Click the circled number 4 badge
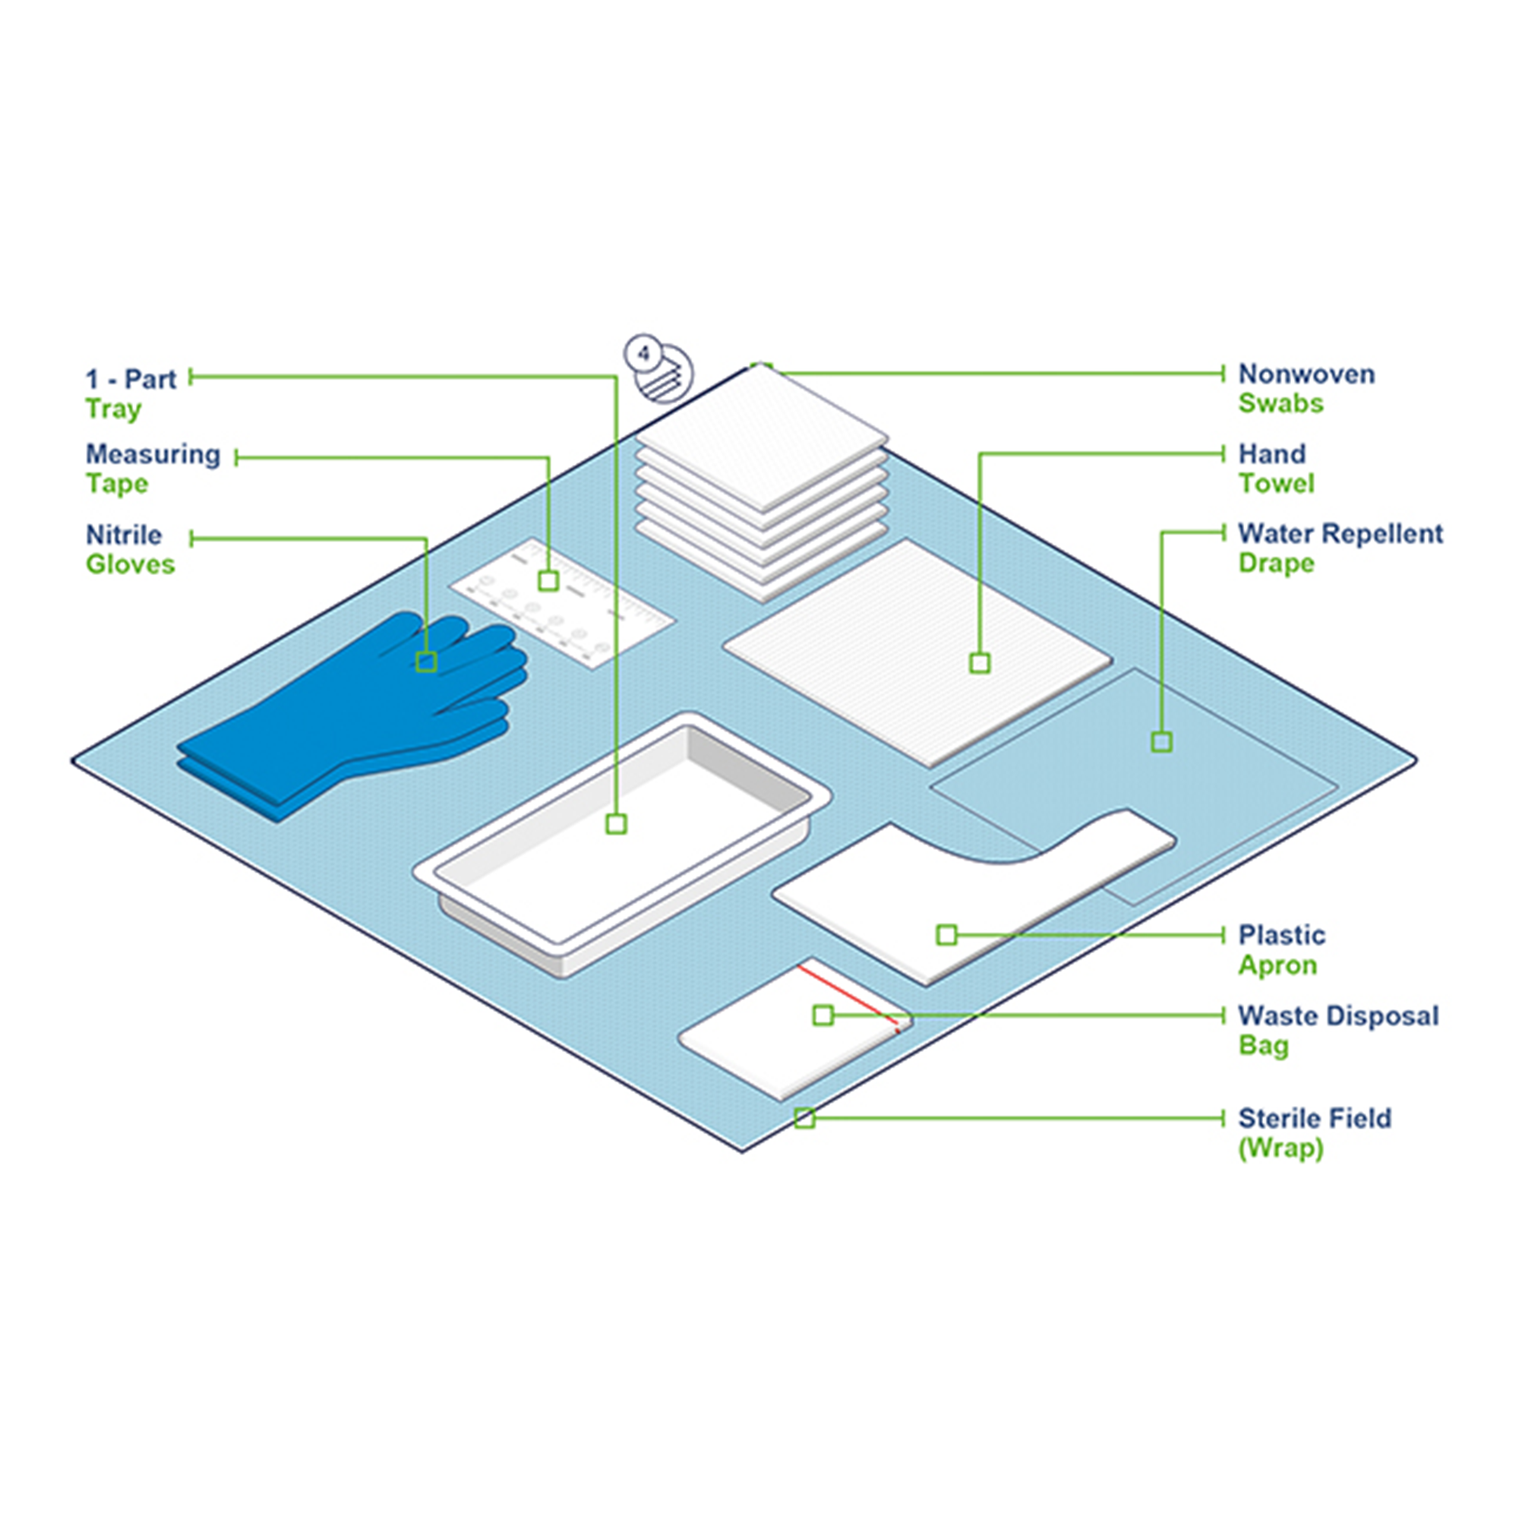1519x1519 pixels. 644,354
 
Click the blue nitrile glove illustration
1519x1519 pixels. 354,712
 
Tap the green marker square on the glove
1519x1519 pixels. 426,662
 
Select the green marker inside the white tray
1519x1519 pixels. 617,824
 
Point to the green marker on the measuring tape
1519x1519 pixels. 549,580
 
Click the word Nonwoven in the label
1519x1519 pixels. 1306,374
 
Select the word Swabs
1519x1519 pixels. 1281,403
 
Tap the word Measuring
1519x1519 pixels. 153,454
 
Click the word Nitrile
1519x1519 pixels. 124,535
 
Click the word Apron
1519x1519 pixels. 1277,965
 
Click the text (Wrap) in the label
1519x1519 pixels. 1281,1148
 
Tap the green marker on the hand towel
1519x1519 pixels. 980,663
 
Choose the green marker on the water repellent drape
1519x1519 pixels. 1161,741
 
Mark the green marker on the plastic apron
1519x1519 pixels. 946,935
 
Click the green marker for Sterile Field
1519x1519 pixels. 804,1118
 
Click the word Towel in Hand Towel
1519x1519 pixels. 1276,484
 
